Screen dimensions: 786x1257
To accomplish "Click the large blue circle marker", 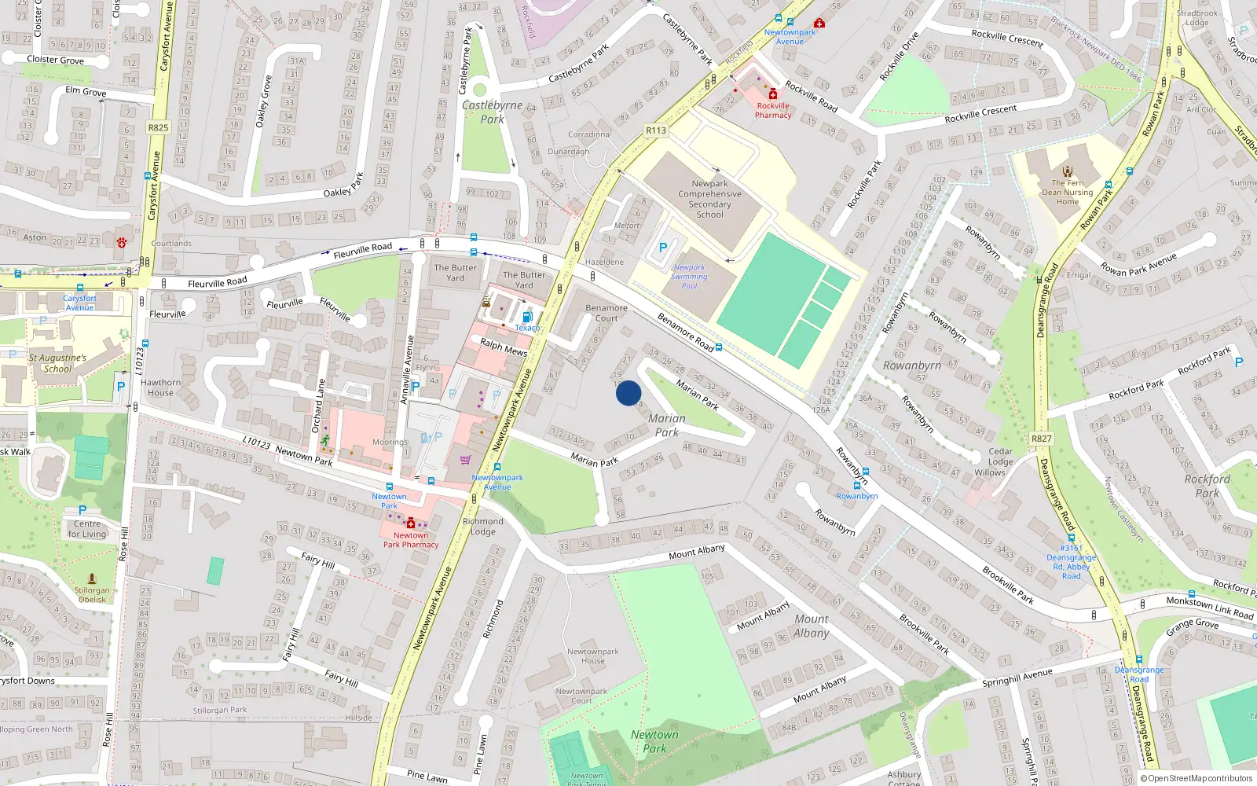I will (628, 393).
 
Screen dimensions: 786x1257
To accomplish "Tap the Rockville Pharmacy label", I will (773, 110).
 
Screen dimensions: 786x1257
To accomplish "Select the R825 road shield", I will (158, 127).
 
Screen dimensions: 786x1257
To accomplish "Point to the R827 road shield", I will (1041, 439).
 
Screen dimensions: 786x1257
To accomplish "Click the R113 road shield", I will (655, 130).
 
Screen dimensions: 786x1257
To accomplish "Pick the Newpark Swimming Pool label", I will (689, 277).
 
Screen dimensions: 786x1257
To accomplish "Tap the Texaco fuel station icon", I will (527, 317).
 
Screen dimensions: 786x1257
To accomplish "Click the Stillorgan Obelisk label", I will (92, 594).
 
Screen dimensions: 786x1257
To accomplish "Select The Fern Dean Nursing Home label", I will (1067, 192).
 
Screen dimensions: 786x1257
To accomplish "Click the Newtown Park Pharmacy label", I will (411, 540).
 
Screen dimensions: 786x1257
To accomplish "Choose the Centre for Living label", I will (87, 529).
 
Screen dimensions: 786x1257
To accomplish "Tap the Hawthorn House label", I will (160, 387).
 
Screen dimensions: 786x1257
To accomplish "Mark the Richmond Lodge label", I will (483, 527).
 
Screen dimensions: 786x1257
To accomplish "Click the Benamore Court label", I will (607, 313).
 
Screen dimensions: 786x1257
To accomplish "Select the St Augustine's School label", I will (57, 363).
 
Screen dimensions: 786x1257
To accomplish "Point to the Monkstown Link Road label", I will (1209, 608).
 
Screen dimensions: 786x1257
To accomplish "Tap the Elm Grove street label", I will (86, 91).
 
